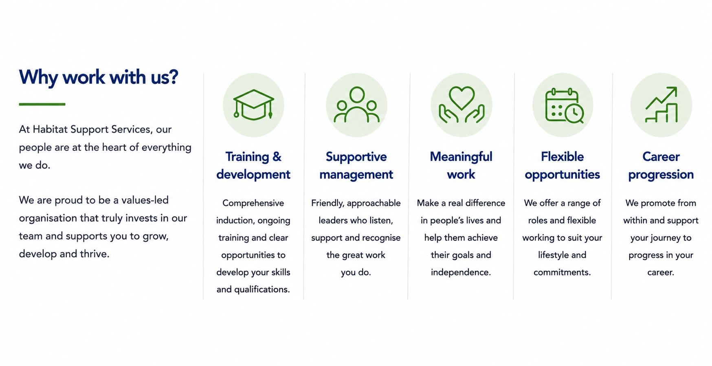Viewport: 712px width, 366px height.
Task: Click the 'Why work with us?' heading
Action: tap(99, 77)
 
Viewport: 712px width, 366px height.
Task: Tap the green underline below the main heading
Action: tap(42, 104)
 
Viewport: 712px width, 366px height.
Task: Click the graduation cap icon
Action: tap(253, 105)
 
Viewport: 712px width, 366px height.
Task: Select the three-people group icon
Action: tap(356, 105)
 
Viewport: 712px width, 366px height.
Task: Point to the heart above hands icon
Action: tap(461, 105)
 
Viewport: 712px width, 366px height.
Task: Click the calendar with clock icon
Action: tap(564, 105)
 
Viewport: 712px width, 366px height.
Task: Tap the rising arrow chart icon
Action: tap(661, 105)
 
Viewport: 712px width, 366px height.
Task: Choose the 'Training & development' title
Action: tap(253, 166)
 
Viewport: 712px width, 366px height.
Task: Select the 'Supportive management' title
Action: tap(356, 166)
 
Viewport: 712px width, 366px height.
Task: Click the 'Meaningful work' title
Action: tap(461, 166)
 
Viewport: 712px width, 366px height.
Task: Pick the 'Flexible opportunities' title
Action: tap(562, 166)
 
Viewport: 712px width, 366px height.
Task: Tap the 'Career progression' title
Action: tap(661, 166)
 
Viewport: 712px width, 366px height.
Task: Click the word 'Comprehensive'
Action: tap(253, 203)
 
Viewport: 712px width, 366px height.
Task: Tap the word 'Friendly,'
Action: tap(327, 203)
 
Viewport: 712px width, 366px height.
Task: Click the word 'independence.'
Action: tap(461, 272)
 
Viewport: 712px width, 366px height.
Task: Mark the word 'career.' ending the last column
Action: tap(661, 272)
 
